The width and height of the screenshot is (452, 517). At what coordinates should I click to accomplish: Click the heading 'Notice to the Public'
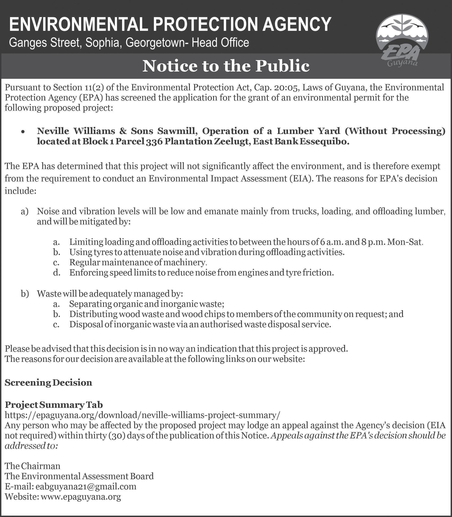(x=226, y=66)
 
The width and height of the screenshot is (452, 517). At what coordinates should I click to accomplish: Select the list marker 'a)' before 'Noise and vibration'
(x=25, y=211)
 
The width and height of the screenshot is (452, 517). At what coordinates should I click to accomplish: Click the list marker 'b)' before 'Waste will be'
(x=25, y=294)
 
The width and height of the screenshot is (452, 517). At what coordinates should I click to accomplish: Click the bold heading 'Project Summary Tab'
(x=54, y=405)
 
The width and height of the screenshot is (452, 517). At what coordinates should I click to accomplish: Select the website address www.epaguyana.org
(x=81, y=497)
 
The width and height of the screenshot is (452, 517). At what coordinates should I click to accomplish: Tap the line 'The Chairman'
(x=33, y=466)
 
